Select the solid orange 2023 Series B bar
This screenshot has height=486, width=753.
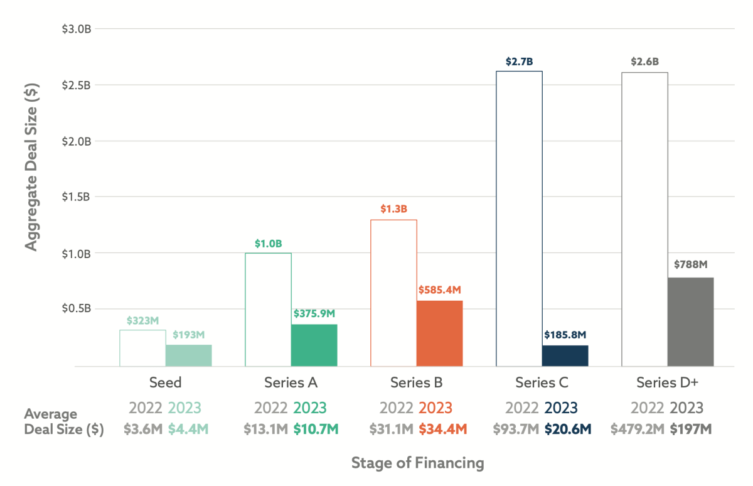pyautogui.click(x=439, y=333)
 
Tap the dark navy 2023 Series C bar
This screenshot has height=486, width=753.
pyautogui.click(x=565, y=355)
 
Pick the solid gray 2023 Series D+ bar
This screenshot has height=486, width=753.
pyautogui.click(x=690, y=321)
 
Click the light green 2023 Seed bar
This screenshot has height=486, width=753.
pyautogui.click(x=188, y=355)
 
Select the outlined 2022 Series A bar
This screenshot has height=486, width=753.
pyautogui.click(x=268, y=310)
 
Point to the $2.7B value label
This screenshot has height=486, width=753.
pyautogui.click(x=519, y=62)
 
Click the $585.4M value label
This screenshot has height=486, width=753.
pyautogui.click(x=439, y=290)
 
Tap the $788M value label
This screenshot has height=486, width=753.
pyautogui.click(x=690, y=264)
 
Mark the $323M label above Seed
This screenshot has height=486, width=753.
pyautogui.click(x=142, y=320)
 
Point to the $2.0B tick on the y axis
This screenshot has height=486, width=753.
pyautogui.click(x=76, y=141)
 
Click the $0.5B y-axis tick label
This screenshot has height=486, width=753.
pyautogui.click(x=76, y=309)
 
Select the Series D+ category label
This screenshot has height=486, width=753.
pyautogui.click(x=668, y=382)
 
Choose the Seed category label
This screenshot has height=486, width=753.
pyautogui.click(x=166, y=382)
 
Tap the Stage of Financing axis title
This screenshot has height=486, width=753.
pyautogui.click(x=417, y=463)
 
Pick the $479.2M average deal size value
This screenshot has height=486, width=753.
pyautogui.click(x=638, y=429)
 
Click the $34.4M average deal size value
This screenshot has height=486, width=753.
pyautogui.click(x=443, y=429)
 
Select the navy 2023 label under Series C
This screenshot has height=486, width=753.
pyautogui.click(x=561, y=408)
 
